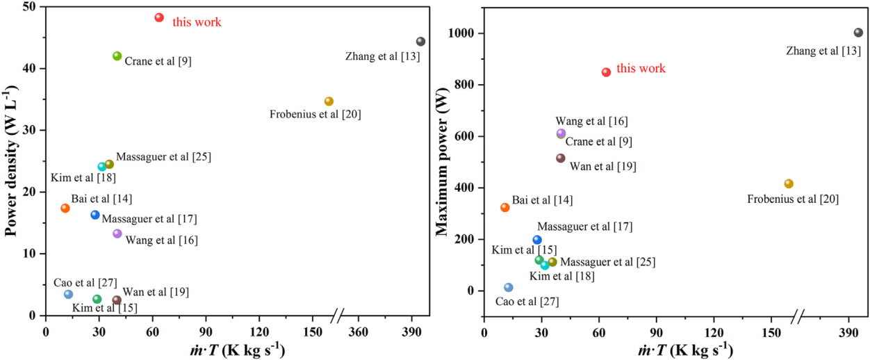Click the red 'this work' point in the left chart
click(159, 17)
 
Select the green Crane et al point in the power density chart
click(117, 56)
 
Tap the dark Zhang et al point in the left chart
click(420, 42)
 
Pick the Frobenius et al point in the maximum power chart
click(789, 183)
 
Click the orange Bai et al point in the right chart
click(505, 207)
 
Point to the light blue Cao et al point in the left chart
click(68, 294)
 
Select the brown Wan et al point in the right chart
click(561, 158)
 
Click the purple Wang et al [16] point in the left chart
click(117, 234)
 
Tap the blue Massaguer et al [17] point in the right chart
click(537, 240)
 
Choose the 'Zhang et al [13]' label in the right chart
click(823, 51)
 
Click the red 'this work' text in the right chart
click(641, 68)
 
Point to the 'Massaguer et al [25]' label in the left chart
click(163, 157)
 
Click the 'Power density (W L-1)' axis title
click(12, 159)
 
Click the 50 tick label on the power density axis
click(31, 7)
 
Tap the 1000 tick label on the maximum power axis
click(463, 33)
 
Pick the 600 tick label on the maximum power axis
click(467, 136)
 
